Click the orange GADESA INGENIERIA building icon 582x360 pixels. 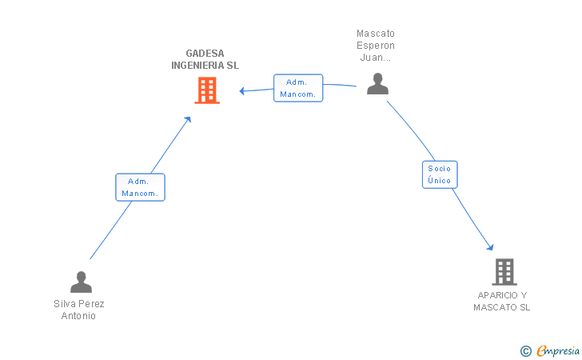pyautogui.click(x=207, y=90)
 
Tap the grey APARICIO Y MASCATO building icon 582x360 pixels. pyautogui.click(x=504, y=272)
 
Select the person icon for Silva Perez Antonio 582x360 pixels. pyautogui.click(x=81, y=282)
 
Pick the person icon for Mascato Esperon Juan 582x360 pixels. pyautogui.click(x=377, y=83)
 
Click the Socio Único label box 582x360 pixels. pyautogui.click(x=440, y=174)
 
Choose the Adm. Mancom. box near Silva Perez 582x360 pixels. pyautogui.click(x=141, y=187)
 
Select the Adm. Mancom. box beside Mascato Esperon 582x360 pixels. pyautogui.click(x=298, y=88)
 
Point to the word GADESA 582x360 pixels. pyautogui.click(x=205, y=54)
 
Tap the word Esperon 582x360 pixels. pyautogui.click(x=376, y=46)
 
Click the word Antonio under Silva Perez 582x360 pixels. pyautogui.click(x=78, y=316)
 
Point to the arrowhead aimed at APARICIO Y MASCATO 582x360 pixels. pyautogui.click(x=491, y=247)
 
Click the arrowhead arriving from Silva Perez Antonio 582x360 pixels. pyautogui.click(x=188, y=119)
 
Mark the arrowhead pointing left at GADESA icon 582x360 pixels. pyautogui.click(x=242, y=90)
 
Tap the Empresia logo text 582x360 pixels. pyautogui.click(x=558, y=350)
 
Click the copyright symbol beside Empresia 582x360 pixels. pyautogui.click(x=526, y=351)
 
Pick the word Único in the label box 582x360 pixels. pyautogui.click(x=439, y=180)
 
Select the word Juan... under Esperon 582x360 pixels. pyautogui.click(x=376, y=58)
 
